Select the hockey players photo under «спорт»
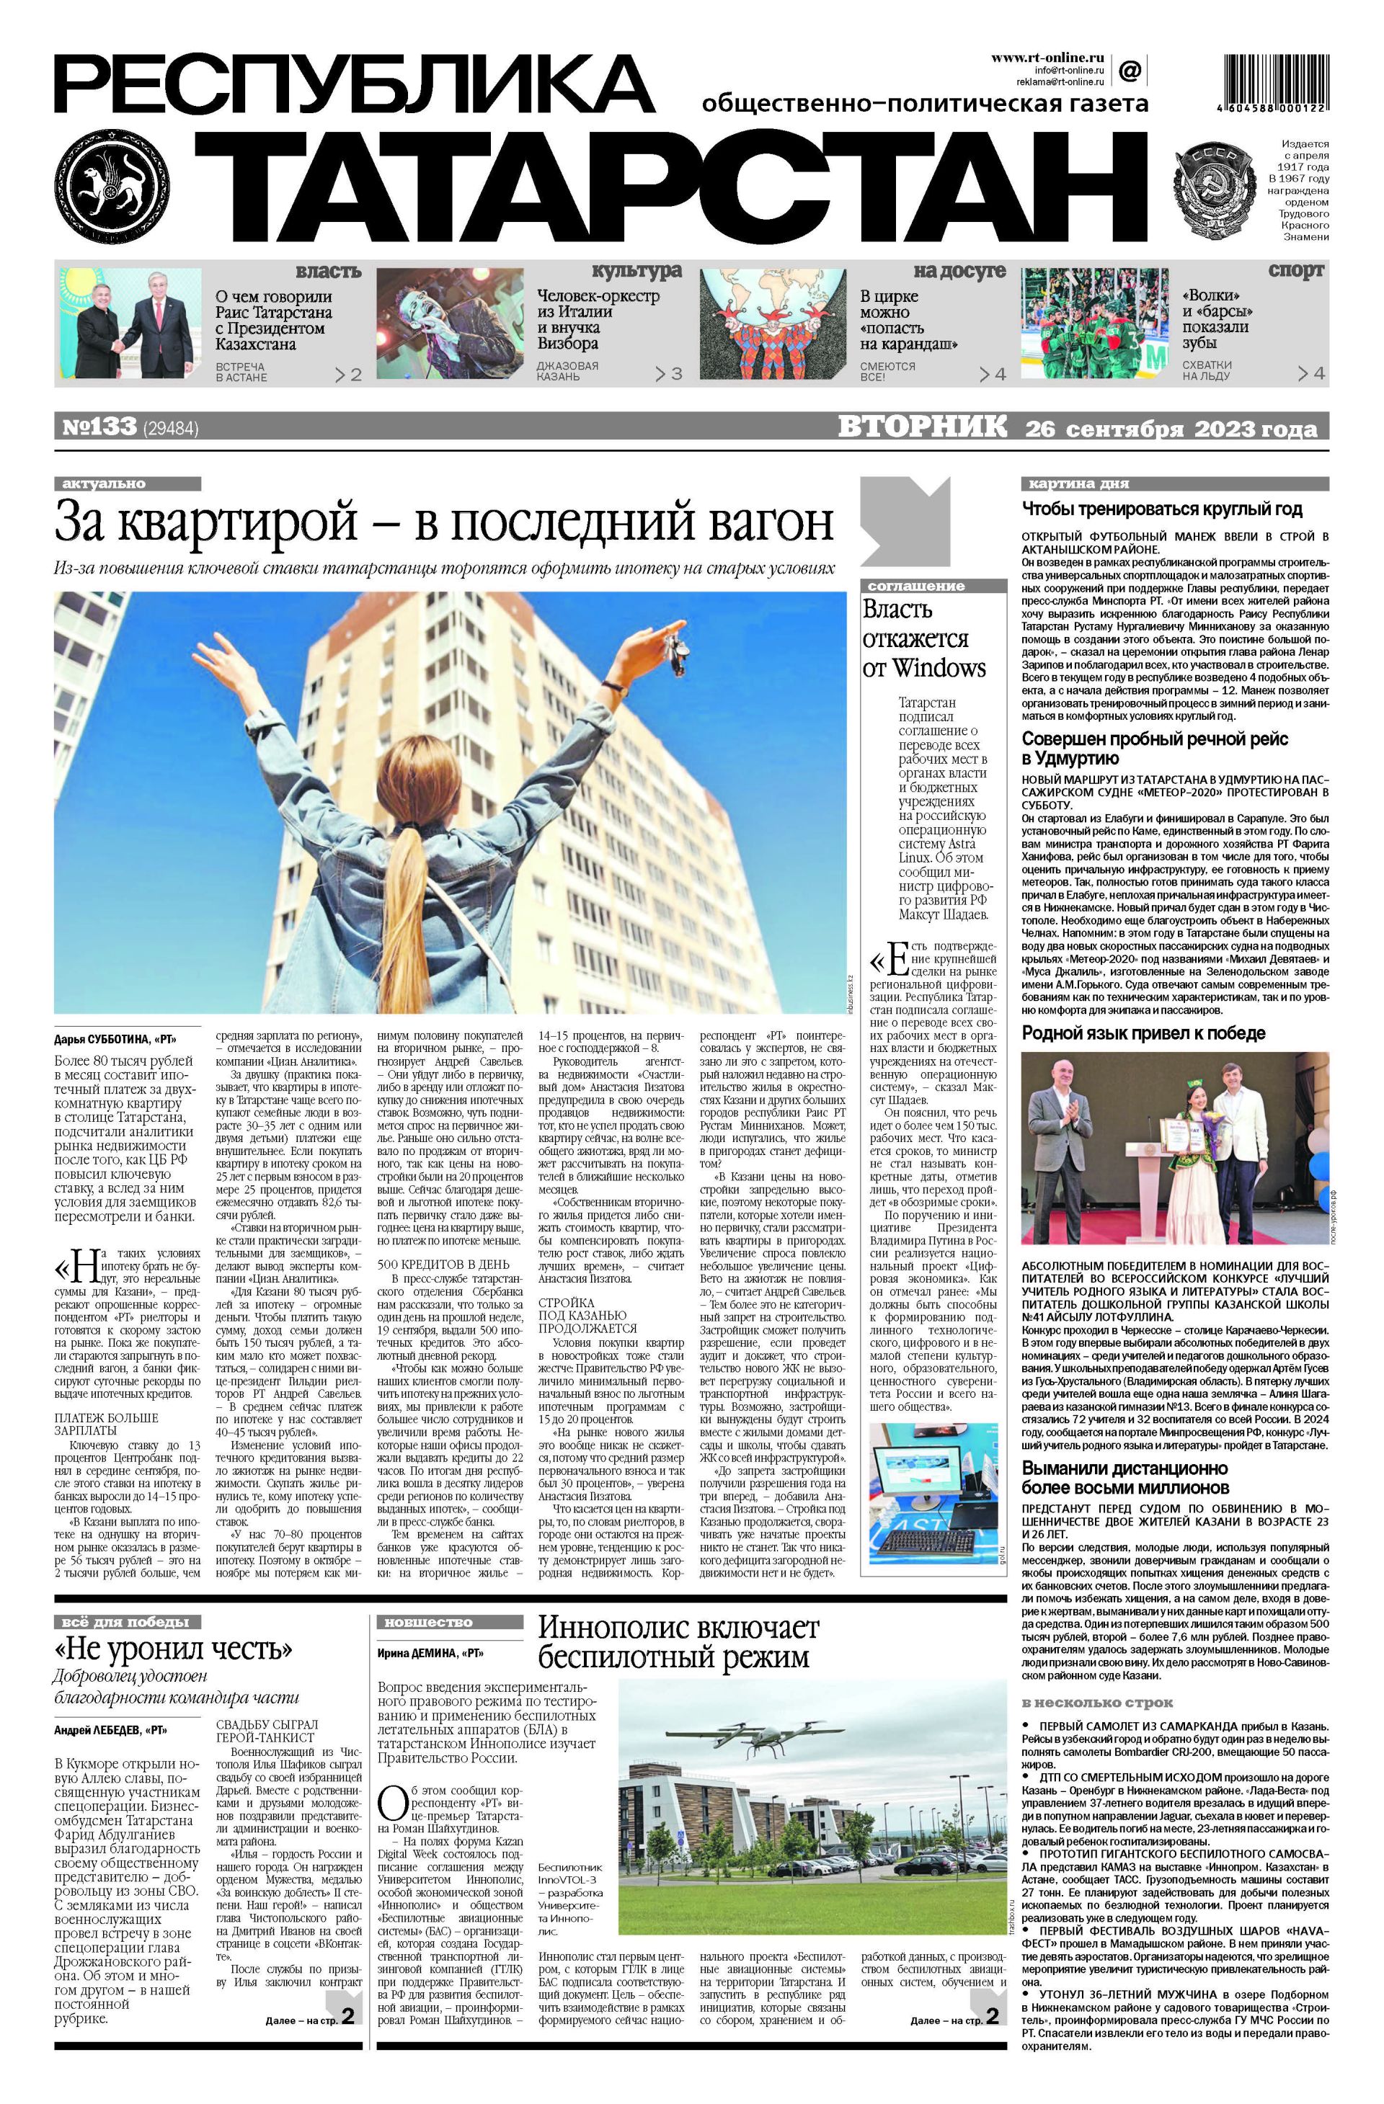1095,324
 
